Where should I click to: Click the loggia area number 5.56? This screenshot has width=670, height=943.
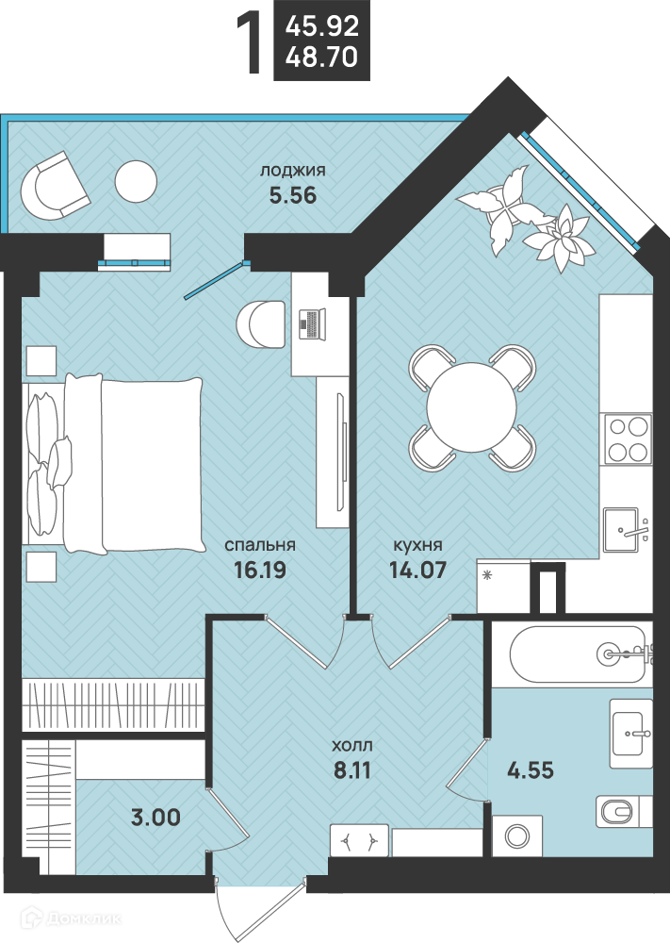coord(293,195)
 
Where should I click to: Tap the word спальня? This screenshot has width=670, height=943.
coord(260,545)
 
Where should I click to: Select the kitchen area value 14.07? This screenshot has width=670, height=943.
coord(417,570)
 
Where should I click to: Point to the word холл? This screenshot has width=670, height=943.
coord(352,746)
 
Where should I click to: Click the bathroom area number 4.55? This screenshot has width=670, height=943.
coord(531,769)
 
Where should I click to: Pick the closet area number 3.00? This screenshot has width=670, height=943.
coord(155,818)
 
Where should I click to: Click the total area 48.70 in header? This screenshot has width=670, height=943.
coord(322,58)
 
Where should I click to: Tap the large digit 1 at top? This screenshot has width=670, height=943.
coord(250,44)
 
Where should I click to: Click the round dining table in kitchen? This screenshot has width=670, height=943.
coord(472,407)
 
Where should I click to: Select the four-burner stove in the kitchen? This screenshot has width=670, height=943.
coord(628,439)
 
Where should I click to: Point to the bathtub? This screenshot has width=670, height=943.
coord(578,654)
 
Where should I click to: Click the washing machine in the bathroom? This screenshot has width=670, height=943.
coord(517,835)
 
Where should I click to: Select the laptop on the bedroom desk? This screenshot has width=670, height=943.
coord(312,324)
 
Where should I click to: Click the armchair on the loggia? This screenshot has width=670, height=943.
coord(54,186)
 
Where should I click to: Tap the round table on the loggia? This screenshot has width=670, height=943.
coord(136,182)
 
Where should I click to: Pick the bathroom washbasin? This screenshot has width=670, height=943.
coord(631,734)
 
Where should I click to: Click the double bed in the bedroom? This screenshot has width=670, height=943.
coord(114,463)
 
